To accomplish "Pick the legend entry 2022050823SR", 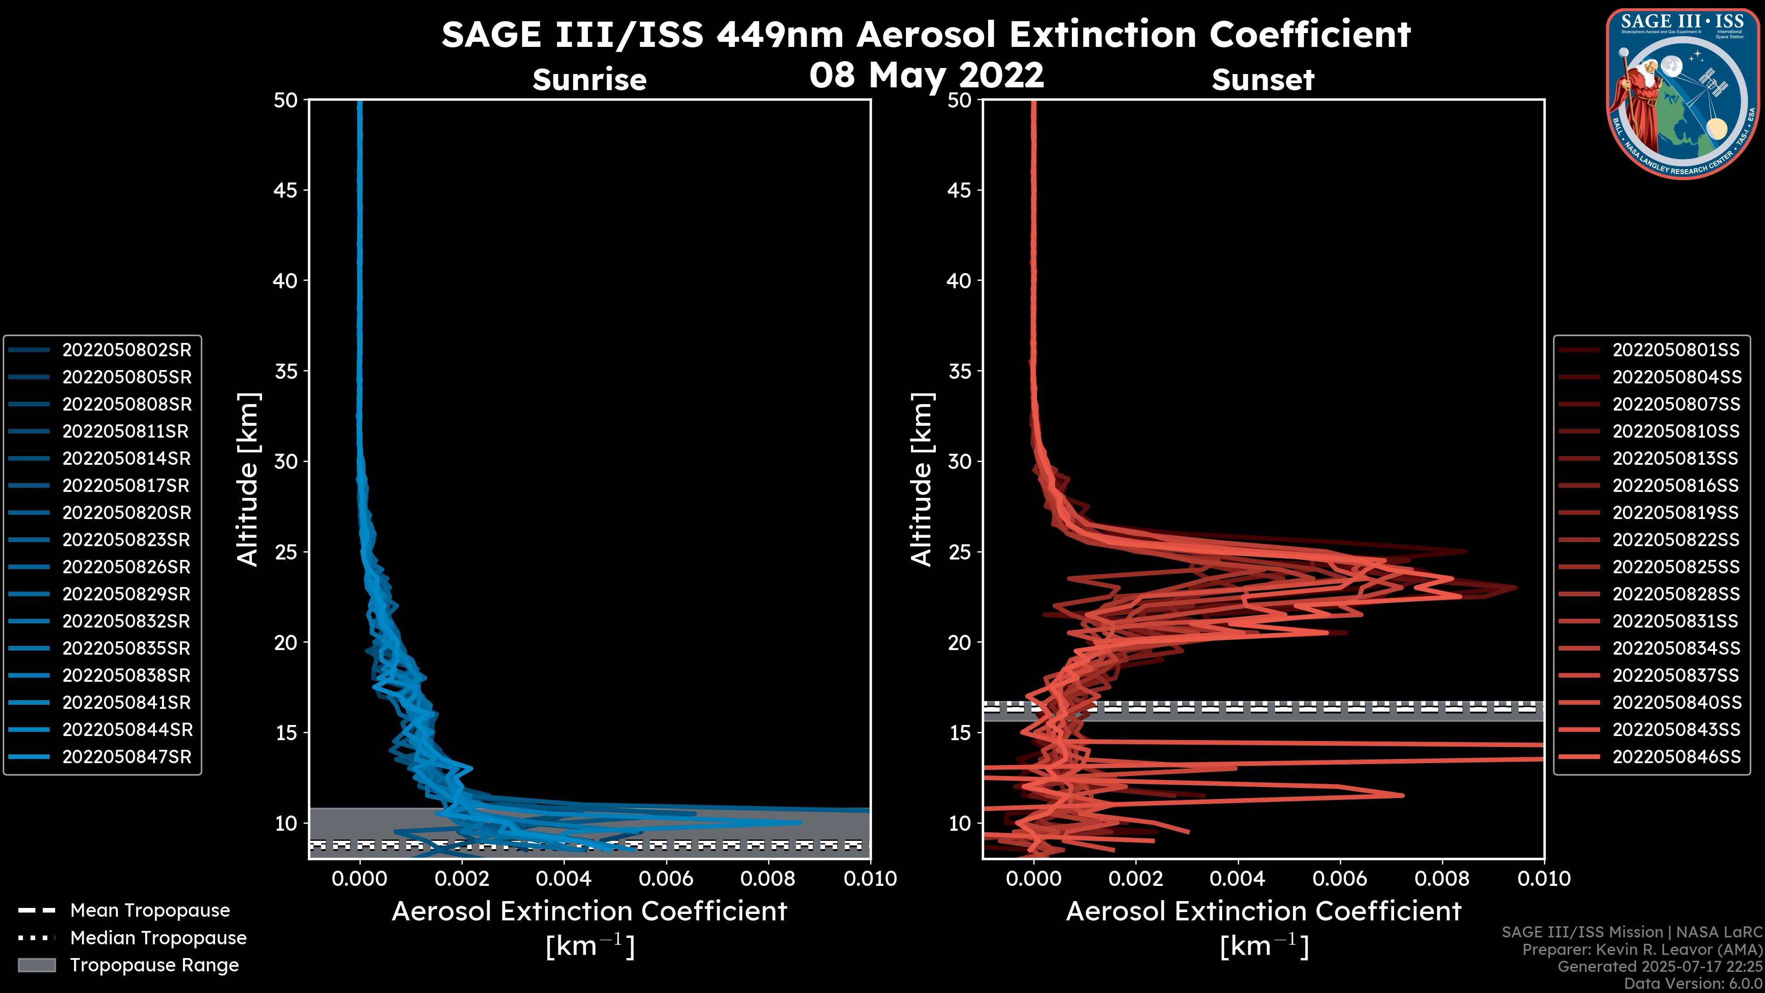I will click(x=126, y=540).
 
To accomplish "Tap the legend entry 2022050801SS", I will click(x=1676, y=350).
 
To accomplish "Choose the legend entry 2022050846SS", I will click(x=1676, y=757).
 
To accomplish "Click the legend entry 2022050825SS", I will click(x=1676, y=567).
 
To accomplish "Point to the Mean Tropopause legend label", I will click(x=150, y=911).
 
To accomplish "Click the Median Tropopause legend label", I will click(x=158, y=938).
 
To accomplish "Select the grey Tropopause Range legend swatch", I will click(x=36, y=965).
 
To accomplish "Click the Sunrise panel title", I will click(x=589, y=80).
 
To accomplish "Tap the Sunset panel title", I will click(x=1263, y=80).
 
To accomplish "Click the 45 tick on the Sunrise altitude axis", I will click(x=286, y=190).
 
